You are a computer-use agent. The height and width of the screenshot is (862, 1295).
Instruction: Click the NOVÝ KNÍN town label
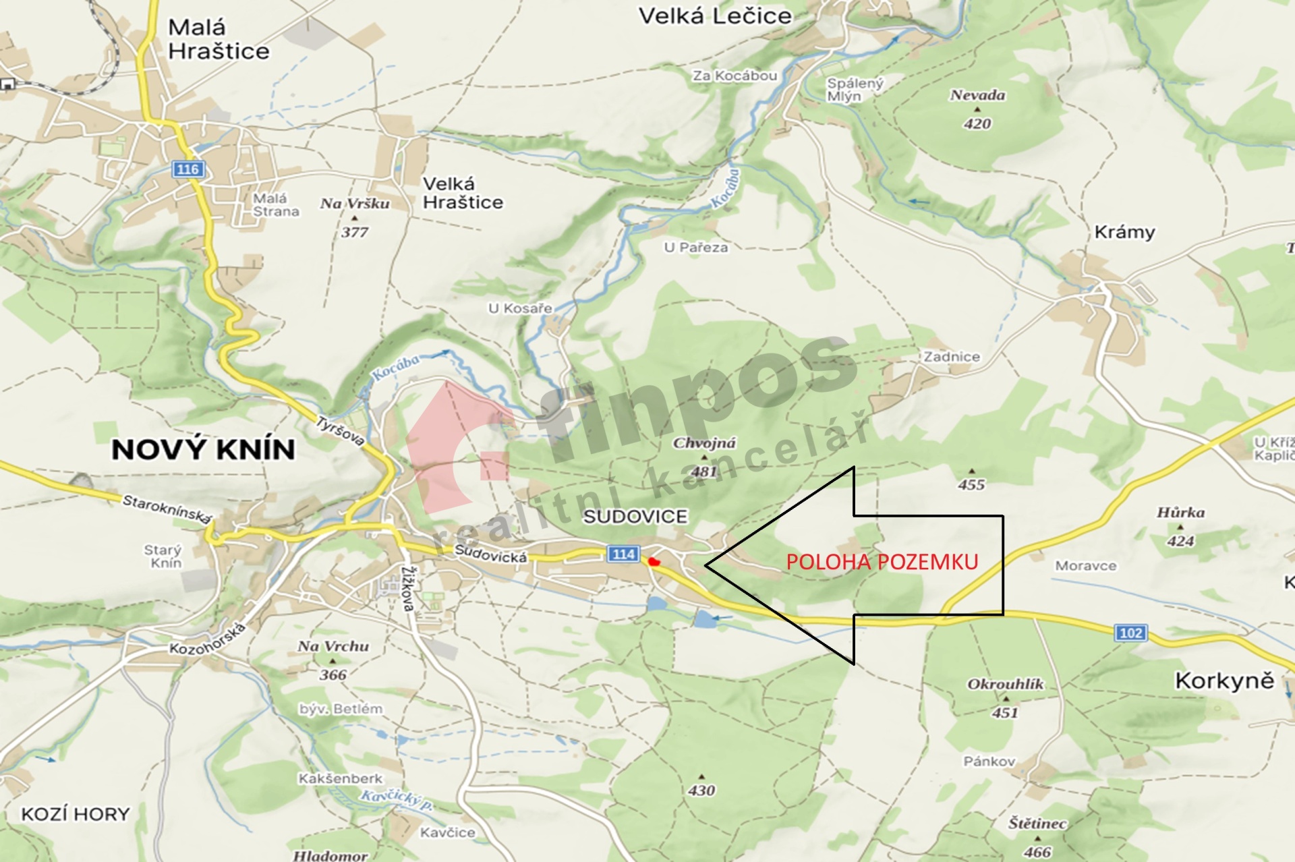(203, 449)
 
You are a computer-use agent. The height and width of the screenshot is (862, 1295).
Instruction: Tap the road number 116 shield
(188, 169)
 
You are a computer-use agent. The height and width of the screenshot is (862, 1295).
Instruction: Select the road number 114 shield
(623, 554)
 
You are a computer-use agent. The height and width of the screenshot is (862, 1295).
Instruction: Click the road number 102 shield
(1131, 633)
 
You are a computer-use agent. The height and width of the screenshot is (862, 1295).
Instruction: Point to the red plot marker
(653, 561)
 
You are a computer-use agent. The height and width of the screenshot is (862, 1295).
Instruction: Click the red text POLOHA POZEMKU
(882, 562)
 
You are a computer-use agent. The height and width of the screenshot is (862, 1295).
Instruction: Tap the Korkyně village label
(1224, 681)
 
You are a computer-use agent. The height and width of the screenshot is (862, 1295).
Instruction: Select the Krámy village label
(1124, 232)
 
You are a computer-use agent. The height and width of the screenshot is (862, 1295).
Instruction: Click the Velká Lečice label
(715, 16)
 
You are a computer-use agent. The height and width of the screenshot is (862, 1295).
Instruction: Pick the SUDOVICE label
(635, 517)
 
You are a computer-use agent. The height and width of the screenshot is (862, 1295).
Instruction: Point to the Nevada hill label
(977, 95)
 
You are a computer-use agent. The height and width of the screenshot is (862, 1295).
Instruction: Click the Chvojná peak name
(704, 443)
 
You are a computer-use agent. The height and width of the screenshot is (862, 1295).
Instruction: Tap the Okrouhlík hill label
(1005, 684)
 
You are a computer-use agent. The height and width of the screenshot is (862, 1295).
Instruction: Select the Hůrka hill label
(1180, 513)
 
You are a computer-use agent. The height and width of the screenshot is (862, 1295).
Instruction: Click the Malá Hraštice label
(218, 39)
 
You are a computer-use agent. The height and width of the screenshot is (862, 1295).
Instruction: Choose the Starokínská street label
(167, 508)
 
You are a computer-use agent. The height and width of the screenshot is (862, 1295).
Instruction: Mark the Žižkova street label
(409, 589)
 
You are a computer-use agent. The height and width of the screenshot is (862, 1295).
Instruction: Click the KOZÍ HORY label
(75, 814)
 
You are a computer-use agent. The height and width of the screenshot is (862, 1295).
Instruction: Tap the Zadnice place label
(951, 357)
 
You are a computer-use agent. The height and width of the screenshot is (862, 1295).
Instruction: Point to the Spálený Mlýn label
(855, 89)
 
